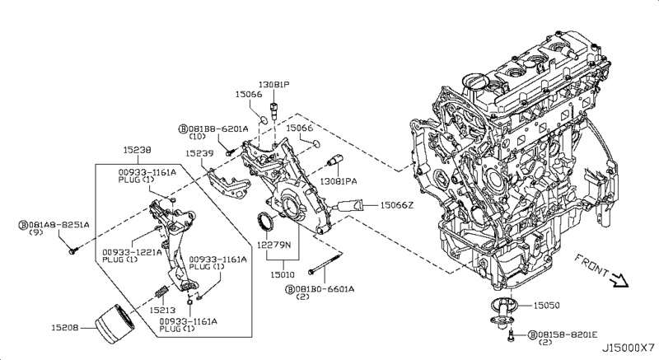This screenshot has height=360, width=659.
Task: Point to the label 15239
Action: coord(199,153)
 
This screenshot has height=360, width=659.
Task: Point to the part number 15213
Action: coord(162,310)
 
